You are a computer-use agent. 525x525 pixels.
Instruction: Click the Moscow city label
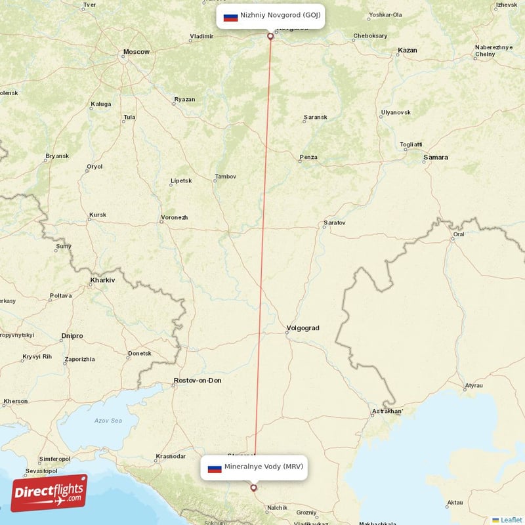coord(136,52)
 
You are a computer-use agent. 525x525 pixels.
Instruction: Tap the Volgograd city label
coord(303,328)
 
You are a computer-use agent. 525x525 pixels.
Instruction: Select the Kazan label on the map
coord(407,50)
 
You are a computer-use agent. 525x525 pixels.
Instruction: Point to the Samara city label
coord(436,157)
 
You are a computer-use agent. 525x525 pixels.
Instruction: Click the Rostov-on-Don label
coord(198,381)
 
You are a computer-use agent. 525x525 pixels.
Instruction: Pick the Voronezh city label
coord(174,218)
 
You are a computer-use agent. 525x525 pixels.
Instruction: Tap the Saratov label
coord(334,223)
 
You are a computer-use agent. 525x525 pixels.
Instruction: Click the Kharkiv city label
coord(102,280)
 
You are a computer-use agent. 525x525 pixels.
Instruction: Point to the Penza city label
coord(308,157)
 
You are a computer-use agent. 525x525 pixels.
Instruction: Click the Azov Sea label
coord(108,420)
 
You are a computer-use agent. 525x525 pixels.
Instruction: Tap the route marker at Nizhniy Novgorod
coord(270,36)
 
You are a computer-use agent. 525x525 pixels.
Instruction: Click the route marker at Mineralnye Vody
coord(254,488)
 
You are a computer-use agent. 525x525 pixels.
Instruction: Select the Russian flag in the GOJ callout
coord(230,16)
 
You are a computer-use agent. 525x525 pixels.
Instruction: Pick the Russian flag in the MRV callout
coord(215,468)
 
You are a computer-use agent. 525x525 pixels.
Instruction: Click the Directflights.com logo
coord(49,493)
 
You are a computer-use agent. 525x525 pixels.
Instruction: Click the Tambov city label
coord(225,177)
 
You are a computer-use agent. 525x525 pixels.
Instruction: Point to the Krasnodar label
coord(171,456)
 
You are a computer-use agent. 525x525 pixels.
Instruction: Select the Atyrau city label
coord(473,386)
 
